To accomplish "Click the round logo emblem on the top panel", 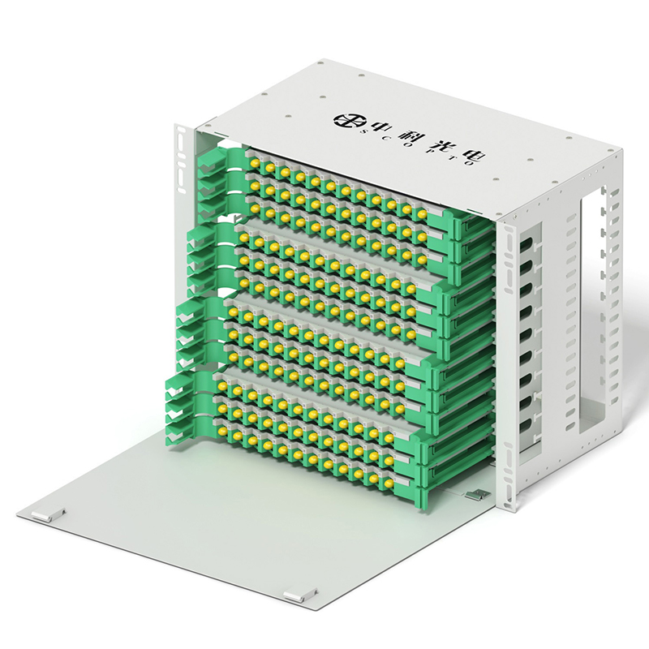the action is coord(346,120).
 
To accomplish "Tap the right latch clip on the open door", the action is coord(300,595).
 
